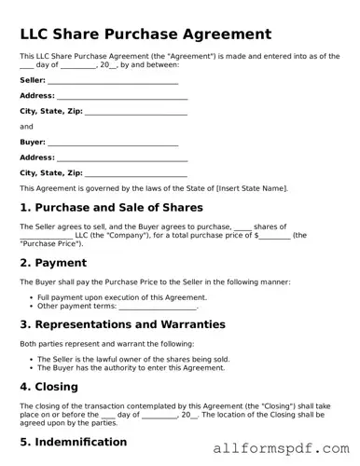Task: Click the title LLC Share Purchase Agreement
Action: [145, 34]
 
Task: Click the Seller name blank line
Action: [113, 81]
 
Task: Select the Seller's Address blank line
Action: [122, 96]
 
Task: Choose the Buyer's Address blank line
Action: [122, 157]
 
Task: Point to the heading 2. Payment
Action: [54, 263]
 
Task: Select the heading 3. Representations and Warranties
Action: [122, 324]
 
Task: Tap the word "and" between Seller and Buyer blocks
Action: [26, 126]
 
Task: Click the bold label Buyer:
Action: [32, 142]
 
